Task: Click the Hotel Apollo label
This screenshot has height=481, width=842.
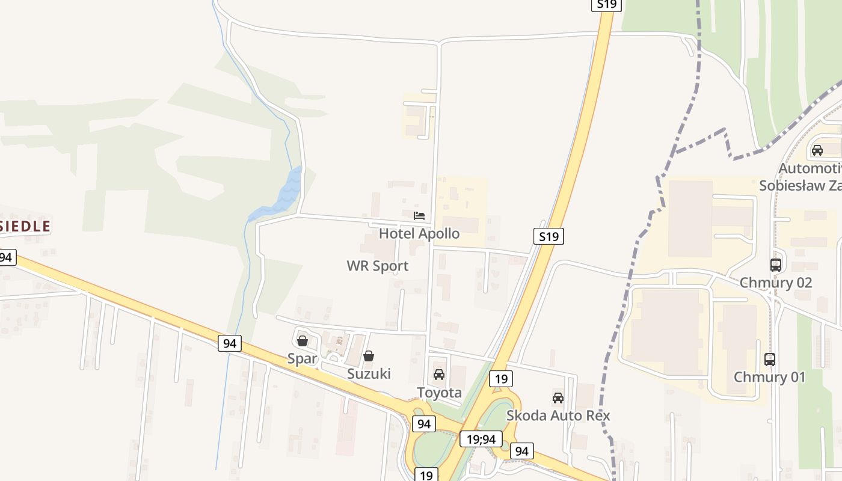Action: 419,233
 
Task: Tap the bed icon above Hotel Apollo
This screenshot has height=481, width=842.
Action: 419,215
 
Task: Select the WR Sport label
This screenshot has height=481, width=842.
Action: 378,266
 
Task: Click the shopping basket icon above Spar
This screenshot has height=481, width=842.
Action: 303,341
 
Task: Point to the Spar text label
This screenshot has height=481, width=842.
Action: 301,359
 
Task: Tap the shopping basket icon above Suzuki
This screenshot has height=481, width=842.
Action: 369,356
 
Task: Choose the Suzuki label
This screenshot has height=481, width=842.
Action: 369,373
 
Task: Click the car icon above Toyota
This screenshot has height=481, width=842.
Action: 439,375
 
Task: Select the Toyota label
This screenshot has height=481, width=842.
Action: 440,393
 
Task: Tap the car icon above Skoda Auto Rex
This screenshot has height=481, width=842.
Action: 558,397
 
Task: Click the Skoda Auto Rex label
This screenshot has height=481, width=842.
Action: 558,415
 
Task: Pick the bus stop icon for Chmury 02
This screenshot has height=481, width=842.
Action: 776,265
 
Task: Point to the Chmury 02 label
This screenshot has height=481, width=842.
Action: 776,283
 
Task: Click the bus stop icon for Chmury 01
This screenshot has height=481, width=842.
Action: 770,360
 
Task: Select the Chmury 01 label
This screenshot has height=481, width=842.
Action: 769,377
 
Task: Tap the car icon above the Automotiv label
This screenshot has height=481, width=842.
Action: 817,150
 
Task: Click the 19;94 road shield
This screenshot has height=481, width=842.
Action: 481,439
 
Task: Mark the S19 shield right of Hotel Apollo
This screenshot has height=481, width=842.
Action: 549,236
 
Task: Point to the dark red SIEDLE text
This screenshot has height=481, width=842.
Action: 25,227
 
